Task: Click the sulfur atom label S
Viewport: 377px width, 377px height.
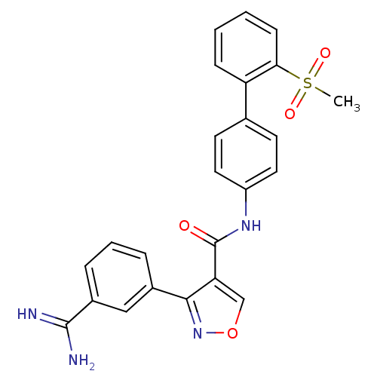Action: (x=308, y=83)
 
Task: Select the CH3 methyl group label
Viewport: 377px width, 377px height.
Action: (x=347, y=102)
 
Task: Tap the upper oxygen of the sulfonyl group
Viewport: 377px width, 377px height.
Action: (x=325, y=53)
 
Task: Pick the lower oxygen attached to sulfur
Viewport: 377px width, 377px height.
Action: (x=290, y=114)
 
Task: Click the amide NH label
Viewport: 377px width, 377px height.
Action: (x=251, y=225)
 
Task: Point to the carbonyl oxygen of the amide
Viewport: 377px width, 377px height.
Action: (x=184, y=225)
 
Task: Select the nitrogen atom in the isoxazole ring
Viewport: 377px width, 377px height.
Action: (x=198, y=333)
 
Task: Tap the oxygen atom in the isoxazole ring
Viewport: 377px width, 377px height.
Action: (x=232, y=333)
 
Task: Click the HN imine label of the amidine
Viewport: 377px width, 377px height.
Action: (x=27, y=314)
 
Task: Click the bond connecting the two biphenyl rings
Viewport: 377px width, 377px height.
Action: (x=246, y=100)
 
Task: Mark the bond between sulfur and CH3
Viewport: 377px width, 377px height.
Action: (x=322, y=91)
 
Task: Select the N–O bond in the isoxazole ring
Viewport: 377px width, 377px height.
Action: (x=215, y=333)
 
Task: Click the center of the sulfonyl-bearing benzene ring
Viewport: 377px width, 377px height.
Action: (x=246, y=48)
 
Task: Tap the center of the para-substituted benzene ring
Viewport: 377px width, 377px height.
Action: (x=246, y=154)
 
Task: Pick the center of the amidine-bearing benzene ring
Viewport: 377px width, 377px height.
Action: (x=119, y=277)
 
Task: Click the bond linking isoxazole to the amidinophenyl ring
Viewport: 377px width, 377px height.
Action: (x=170, y=293)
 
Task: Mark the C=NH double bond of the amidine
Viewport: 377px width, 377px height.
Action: (x=54, y=320)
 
